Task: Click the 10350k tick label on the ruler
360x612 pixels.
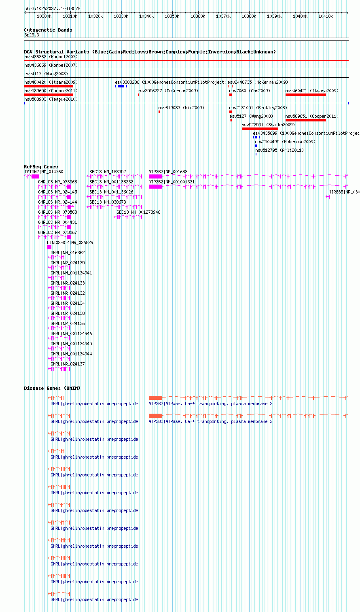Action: [x=172, y=16]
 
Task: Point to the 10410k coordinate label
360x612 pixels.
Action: [x=326, y=16]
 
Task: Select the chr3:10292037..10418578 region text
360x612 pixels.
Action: [x=52, y=8]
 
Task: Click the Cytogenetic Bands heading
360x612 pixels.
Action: [x=48, y=30]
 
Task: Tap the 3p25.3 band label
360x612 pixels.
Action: [x=32, y=35]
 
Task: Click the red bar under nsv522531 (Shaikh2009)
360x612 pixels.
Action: [x=260, y=129]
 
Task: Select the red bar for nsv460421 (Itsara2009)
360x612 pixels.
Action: [x=306, y=95]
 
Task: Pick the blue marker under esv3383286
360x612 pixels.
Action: [x=121, y=86]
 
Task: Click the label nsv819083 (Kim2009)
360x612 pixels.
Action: [x=181, y=108]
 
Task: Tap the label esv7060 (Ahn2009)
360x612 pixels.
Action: [x=250, y=91]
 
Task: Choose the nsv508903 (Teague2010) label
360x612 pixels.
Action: [x=51, y=99]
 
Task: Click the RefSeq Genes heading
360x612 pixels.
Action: [x=41, y=167]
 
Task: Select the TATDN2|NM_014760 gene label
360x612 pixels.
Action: [x=44, y=172]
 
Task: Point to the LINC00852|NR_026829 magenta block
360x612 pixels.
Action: [x=49, y=247]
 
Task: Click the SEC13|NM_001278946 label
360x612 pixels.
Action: [x=138, y=212]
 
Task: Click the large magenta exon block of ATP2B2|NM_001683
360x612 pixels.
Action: [x=156, y=176]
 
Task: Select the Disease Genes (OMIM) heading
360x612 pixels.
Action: [x=52, y=388]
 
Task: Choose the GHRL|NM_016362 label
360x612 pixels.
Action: [x=68, y=253]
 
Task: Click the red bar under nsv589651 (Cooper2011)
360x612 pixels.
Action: [x=306, y=120]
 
